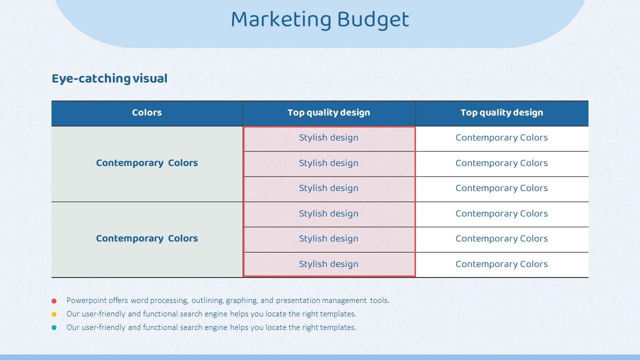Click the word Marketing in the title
click(x=281, y=19)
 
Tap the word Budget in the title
click(x=373, y=19)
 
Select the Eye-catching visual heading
click(x=109, y=78)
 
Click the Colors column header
click(x=147, y=112)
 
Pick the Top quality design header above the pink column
click(x=328, y=112)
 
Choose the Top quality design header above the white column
click(x=501, y=112)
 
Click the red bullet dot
click(x=54, y=301)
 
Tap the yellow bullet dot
click(x=54, y=314)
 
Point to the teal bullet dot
click(x=54, y=327)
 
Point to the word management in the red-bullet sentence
click(x=344, y=300)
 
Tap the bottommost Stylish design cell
click(x=328, y=264)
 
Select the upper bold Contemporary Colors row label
click(x=147, y=163)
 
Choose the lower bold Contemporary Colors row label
click(x=147, y=238)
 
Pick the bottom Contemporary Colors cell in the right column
click(x=501, y=264)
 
